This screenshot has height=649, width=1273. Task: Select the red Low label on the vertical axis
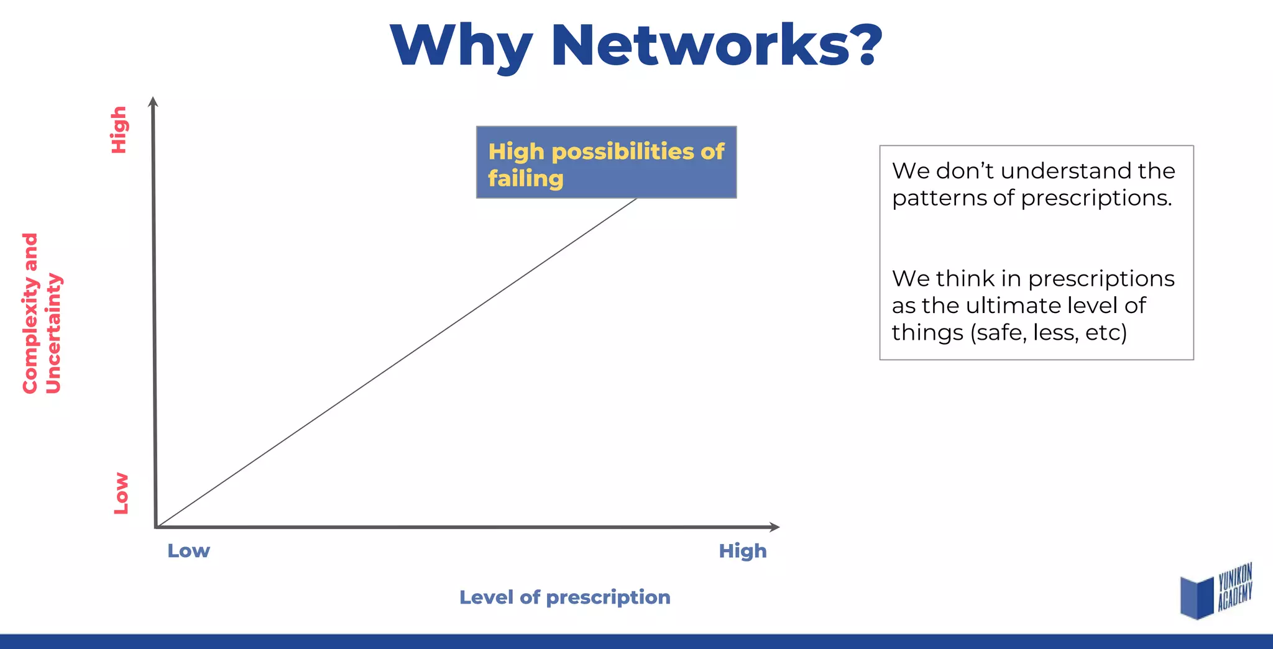coord(121,494)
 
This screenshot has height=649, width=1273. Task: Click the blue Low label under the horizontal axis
coord(188,551)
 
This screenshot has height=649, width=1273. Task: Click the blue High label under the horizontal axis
coord(742,551)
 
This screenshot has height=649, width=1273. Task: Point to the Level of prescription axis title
coord(564,597)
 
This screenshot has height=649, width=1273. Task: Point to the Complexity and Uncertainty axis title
coord(42,314)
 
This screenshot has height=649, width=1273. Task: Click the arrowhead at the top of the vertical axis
coord(153,101)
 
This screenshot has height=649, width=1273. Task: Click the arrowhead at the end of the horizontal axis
coord(774,527)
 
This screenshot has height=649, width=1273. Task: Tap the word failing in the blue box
coord(525,179)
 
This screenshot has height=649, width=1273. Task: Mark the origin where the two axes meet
coord(156,527)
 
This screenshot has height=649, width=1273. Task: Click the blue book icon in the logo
coord(1196,597)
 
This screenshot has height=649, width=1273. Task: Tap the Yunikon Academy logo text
coord(1234,587)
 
